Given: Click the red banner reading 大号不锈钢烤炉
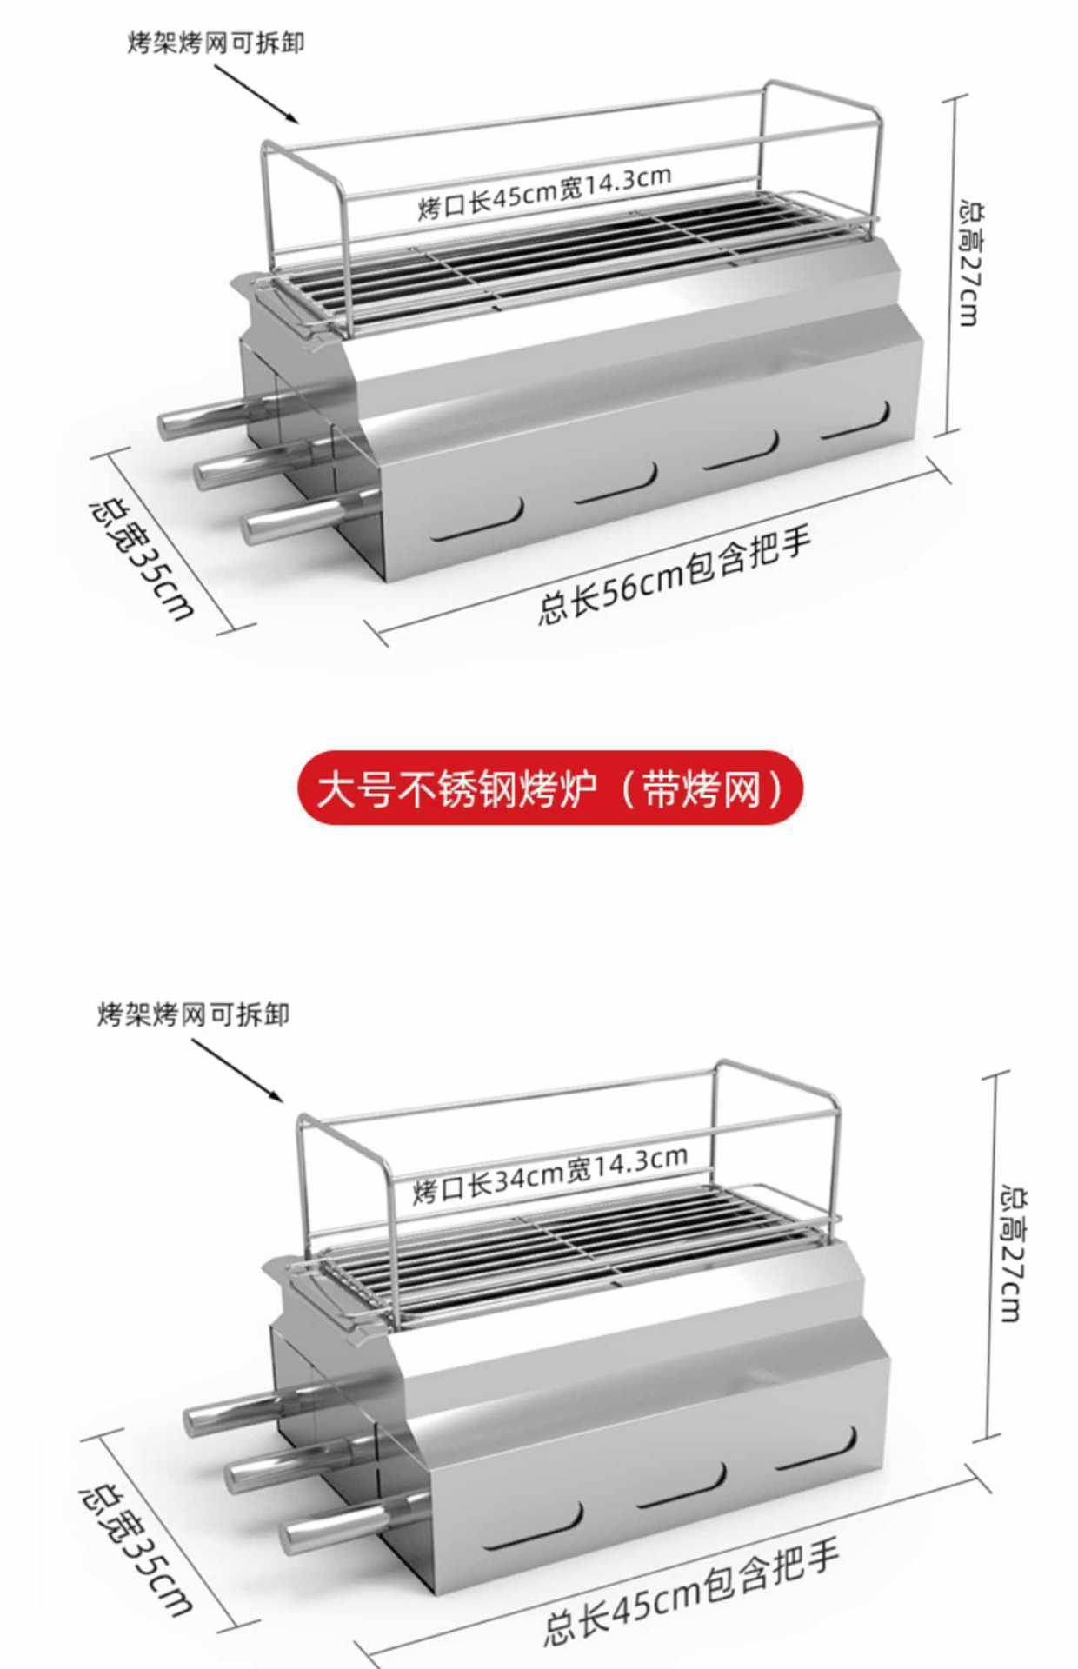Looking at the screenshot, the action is click(549, 788).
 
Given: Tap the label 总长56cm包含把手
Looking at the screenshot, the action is click(675, 575).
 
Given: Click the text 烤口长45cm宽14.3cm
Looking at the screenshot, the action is click(544, 193).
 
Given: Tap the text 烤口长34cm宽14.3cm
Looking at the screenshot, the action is click(549, 1174).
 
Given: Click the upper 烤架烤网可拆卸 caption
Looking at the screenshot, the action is click(216, 43).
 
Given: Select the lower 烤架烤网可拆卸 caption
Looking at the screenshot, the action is click(193, 1014).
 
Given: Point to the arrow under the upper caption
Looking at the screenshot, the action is click(256, 91).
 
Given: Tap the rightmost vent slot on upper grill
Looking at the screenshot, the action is click(856, 423).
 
